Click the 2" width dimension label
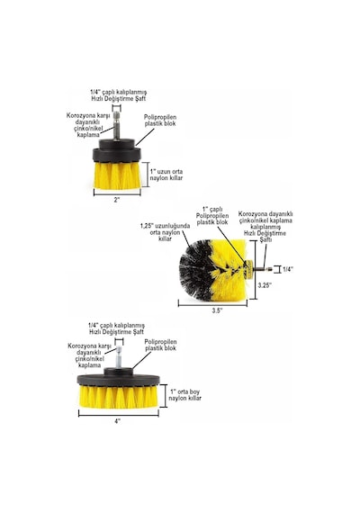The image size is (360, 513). click(x=117, y=200)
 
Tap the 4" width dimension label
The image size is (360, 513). click(x=118, y=421)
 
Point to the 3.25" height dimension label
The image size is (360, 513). click(x=265, y=285)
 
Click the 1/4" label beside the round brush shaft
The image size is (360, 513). click(x=288, y=269)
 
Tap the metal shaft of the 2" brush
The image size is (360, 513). click(x=116, y=126)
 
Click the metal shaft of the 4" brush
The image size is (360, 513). click(x=119, y=357)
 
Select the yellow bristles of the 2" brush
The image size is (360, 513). click(x=118, y=175)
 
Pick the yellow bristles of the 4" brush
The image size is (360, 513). click(x=119, y=397)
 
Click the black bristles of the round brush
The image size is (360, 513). click(x=195, y=270)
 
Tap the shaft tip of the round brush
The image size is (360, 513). click(x=270, y=269)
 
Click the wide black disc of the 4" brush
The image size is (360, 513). click(x=118, y=380)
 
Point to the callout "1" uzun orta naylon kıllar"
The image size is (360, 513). click(x=166, y=175)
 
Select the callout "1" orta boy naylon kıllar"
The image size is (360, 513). click(x=184, y=395)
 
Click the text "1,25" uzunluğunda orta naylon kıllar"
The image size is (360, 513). click(x=165, y=232)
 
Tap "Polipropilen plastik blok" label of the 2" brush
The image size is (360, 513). click(x=160, y=121)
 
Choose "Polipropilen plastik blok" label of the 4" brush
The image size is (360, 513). click(x=161, y=345)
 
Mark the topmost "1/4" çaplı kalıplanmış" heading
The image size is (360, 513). click(x=119, y=92)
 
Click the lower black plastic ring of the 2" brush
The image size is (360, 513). click(x=117, y=155)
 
